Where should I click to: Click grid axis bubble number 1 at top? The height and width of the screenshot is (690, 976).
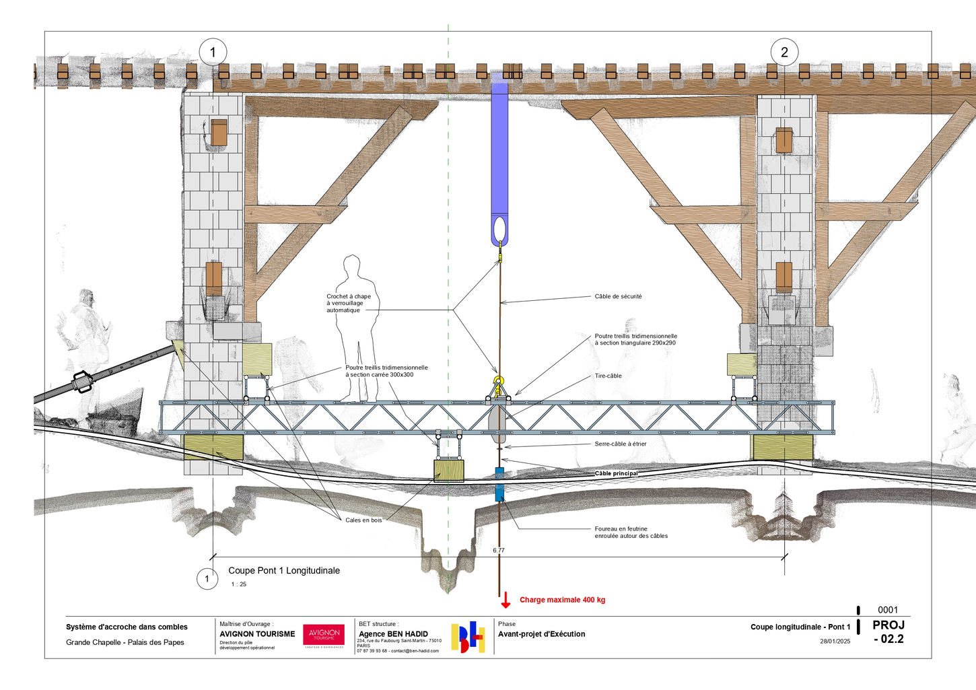[213, 52]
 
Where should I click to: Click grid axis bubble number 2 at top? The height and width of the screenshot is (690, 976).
[784, 52]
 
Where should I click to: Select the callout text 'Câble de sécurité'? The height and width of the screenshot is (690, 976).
[618, 296]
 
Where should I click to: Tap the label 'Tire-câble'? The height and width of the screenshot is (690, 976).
[608, 376]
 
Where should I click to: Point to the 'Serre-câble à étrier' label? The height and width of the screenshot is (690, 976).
[620, 444]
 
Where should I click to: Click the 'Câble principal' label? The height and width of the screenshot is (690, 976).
[616, 473]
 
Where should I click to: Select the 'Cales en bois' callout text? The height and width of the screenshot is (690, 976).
[363, 520]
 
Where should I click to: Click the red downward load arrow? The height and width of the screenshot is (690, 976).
[505, 599]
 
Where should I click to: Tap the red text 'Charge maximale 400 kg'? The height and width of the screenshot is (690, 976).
[562, 600]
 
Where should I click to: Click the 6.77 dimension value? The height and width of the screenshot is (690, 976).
[498, 550]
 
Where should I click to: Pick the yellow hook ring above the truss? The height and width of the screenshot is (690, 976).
[498, 382]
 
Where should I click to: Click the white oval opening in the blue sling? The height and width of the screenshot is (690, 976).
[499, 229]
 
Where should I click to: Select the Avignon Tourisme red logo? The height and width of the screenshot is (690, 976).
[324, 635]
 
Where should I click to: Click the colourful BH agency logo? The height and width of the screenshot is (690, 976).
[468, 637]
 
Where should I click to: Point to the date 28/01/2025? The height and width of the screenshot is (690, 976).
[835, 641]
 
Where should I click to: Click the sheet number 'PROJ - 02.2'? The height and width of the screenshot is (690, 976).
[888, 631]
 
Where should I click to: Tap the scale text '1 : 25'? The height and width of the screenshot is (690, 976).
[238, 584]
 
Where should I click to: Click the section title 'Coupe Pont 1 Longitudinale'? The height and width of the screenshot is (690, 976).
[284, 570]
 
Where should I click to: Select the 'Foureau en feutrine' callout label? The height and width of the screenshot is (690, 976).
[631, 532]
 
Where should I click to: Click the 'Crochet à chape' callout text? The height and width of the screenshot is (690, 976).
[348, 303]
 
